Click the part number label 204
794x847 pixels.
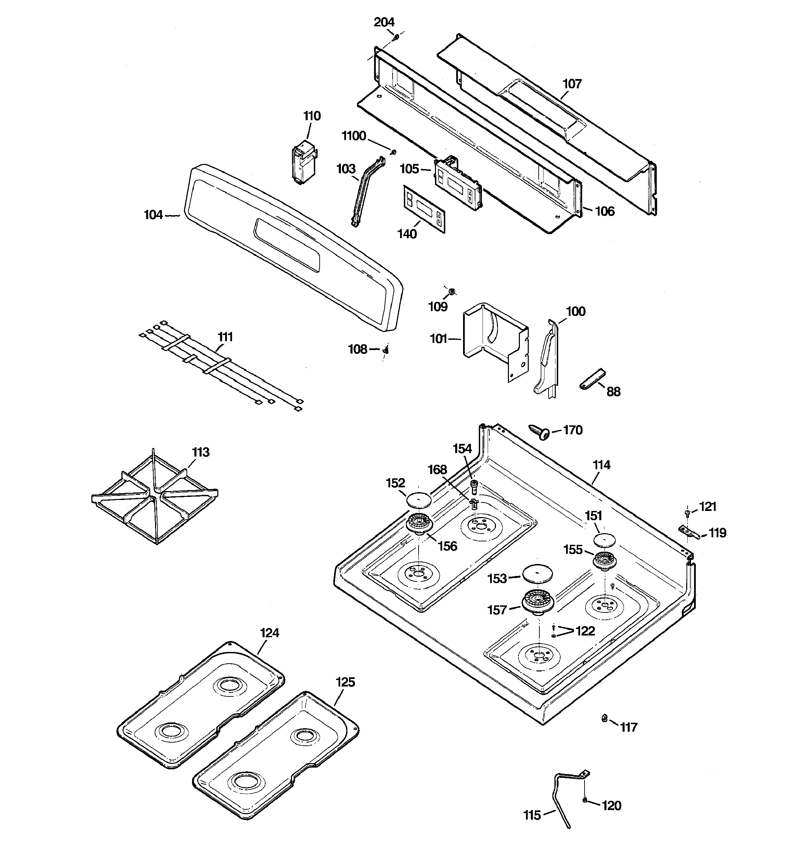click(x=384, y=22)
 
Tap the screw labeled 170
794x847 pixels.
click(x=538, y=432)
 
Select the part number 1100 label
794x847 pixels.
click(x=354, y=136)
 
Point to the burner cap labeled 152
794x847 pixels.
click(x=419, y=499)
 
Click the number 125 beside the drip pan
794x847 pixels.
click(x=345, y=682)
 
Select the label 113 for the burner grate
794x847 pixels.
click(x=201, y=452)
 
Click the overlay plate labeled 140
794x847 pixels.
click(x=424, y=209)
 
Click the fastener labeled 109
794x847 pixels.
click(x=452, y=292)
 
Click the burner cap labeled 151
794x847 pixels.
click(x=605, y=539)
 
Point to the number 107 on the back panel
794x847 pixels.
click(x=572, y=84)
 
